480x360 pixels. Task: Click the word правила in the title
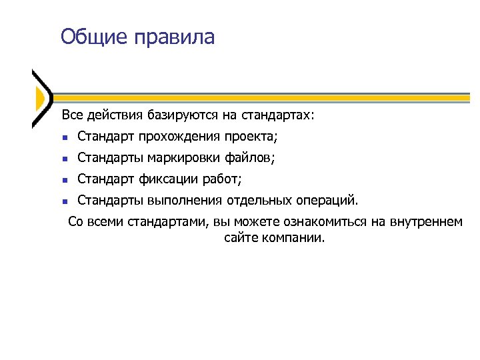click(x=174, y=37)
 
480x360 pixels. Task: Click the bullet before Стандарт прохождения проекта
click(x=64, y=138)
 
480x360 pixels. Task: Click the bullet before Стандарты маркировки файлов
click(x=64, y=159)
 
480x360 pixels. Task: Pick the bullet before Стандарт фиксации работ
click(x=64, y=180)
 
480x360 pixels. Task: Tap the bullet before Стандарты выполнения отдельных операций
click(x=64, y=201)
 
